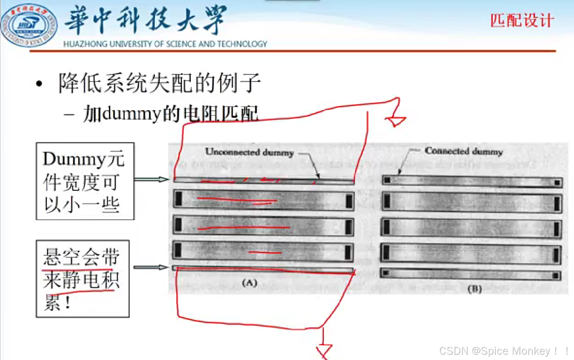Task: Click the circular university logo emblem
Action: coord(29,26)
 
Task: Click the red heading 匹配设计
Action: coord(522,21)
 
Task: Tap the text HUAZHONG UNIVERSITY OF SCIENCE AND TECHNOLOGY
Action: coord(165,44)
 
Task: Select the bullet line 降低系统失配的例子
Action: coord(160,84)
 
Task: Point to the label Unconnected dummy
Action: coord(249,152)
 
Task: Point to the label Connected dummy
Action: coord(463,151)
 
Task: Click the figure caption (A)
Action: coord(248,283)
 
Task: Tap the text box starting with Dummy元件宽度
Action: coord(85,181)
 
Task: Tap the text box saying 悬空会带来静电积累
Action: coord(82,279)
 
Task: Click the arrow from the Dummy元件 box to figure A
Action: coord(151,180)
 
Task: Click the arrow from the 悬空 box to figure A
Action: coord(150,268)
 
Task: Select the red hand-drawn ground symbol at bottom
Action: coord(324,349)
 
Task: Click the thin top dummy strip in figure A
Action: coord(264,180)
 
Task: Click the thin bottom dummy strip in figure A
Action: coord(264,270)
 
